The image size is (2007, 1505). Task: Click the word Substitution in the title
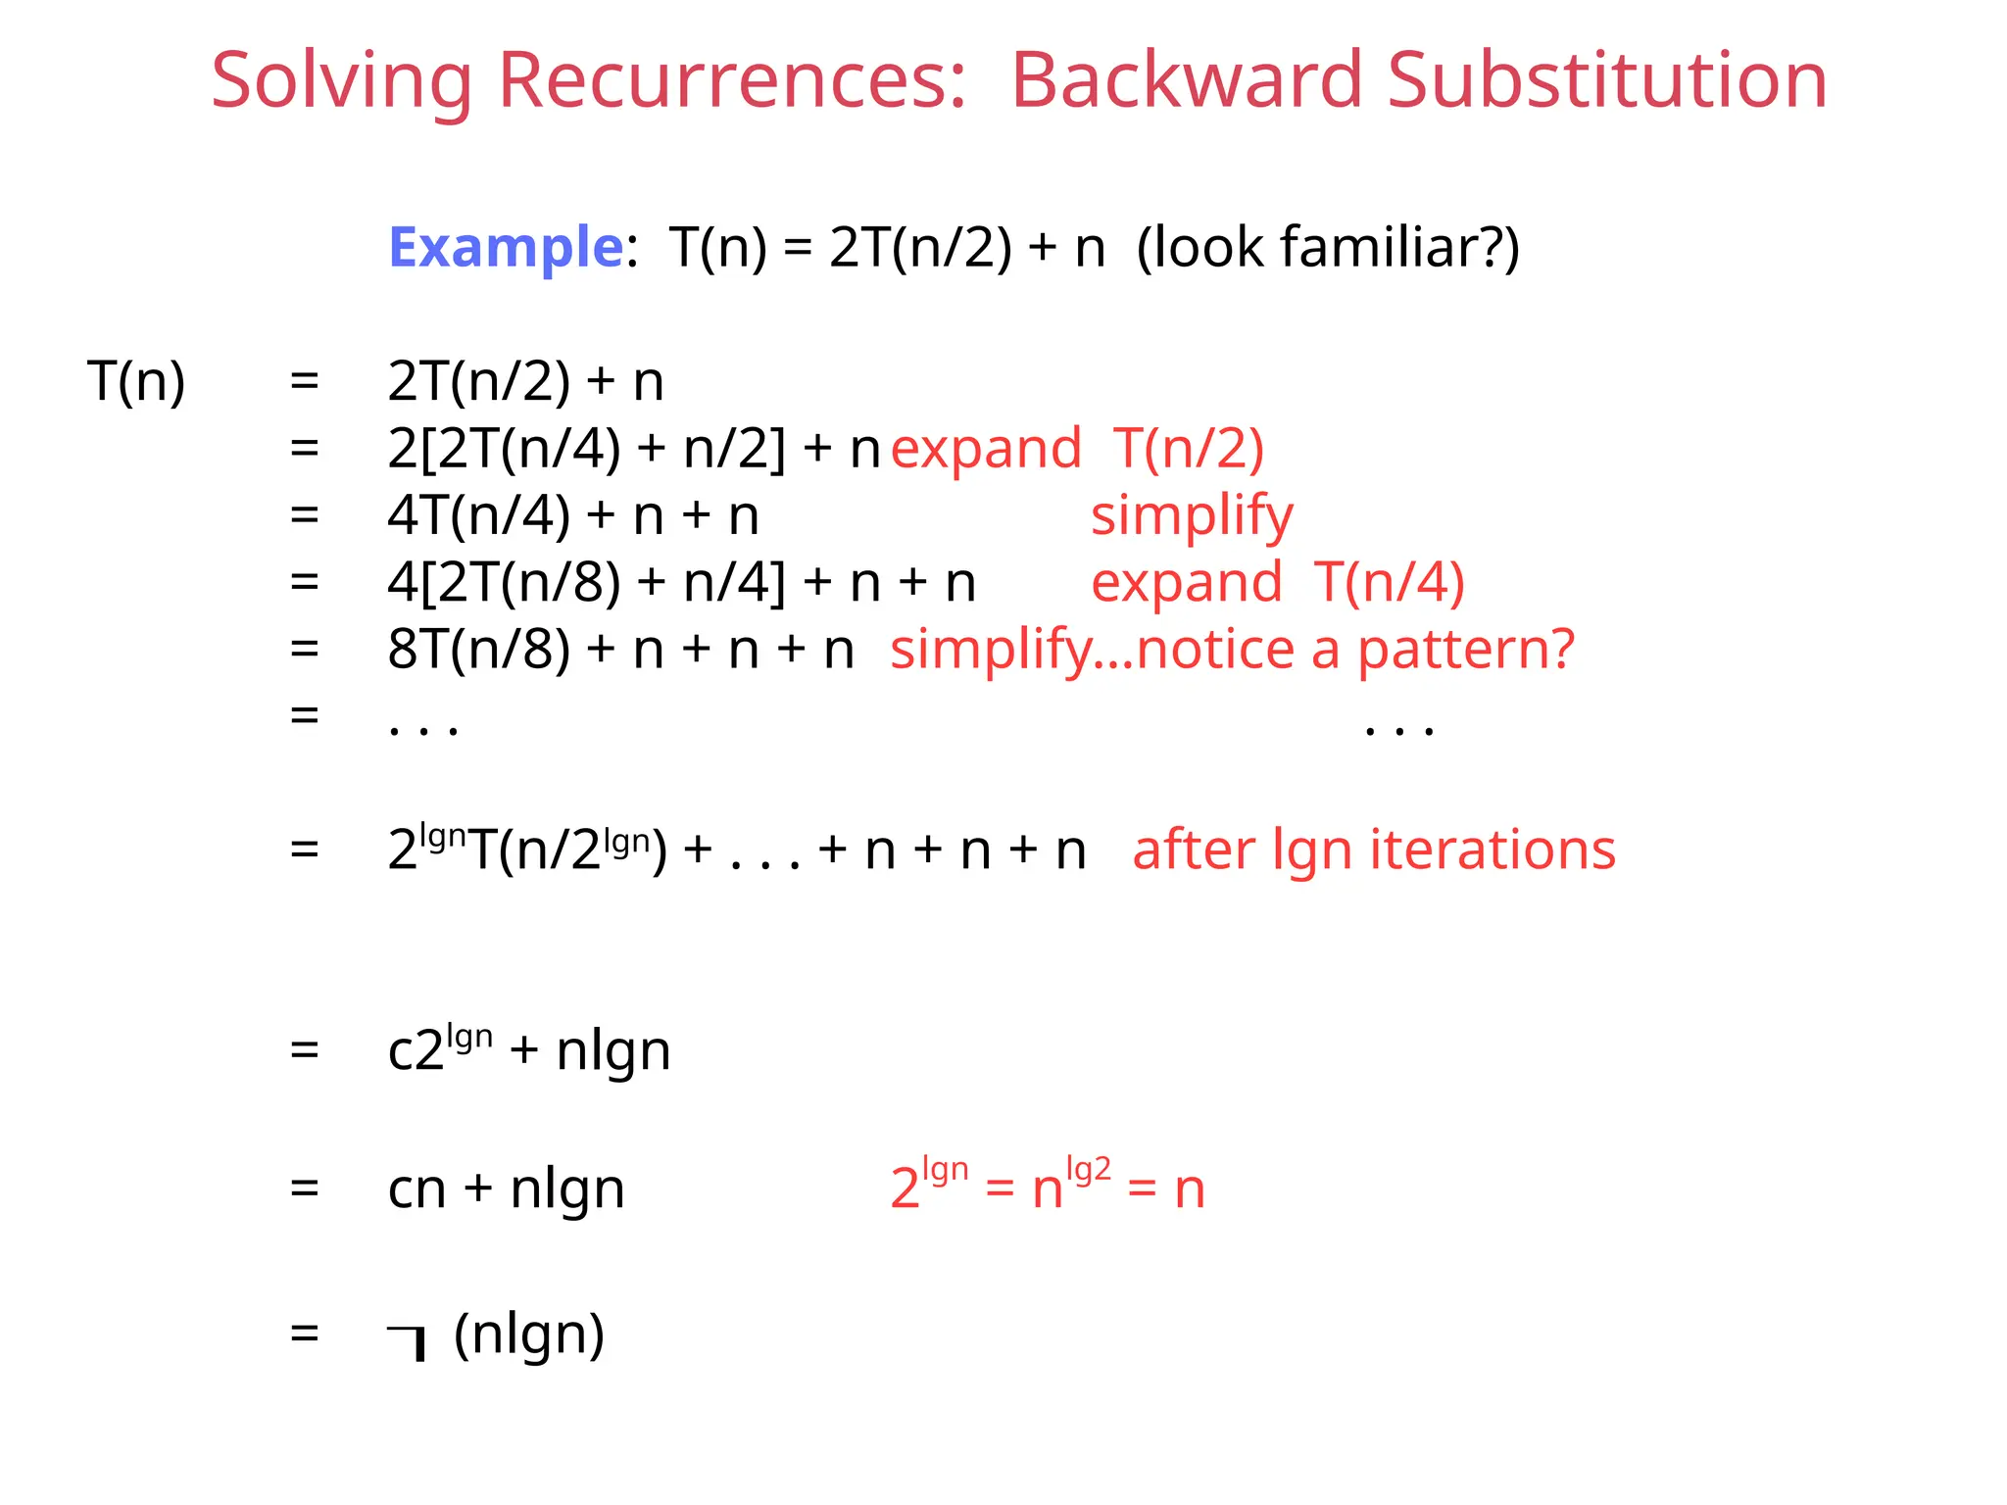click(1607, 80)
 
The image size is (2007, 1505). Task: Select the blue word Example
click(506, 247)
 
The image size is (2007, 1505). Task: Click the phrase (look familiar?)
click(1328, 247)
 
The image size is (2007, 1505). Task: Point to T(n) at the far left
click(136, 381)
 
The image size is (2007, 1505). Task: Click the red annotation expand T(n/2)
click(1077, 449)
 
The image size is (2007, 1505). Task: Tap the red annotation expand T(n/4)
click(1277, 582)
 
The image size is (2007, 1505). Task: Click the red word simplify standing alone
click(1192, 516)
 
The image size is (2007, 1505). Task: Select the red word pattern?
click(1466, 650)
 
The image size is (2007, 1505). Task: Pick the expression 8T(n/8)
click(478, 650)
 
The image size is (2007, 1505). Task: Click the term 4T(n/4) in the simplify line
click(478, 516)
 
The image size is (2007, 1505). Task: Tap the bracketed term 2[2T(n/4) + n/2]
click(586, 449)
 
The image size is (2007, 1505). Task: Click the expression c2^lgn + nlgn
click(529, 1050)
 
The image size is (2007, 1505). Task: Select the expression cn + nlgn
click(506, 1189)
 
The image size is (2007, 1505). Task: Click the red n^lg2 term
click(1071, 1186)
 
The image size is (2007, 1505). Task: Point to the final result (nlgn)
click(529, 1335)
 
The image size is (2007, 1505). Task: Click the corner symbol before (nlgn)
click(408, 1340)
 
